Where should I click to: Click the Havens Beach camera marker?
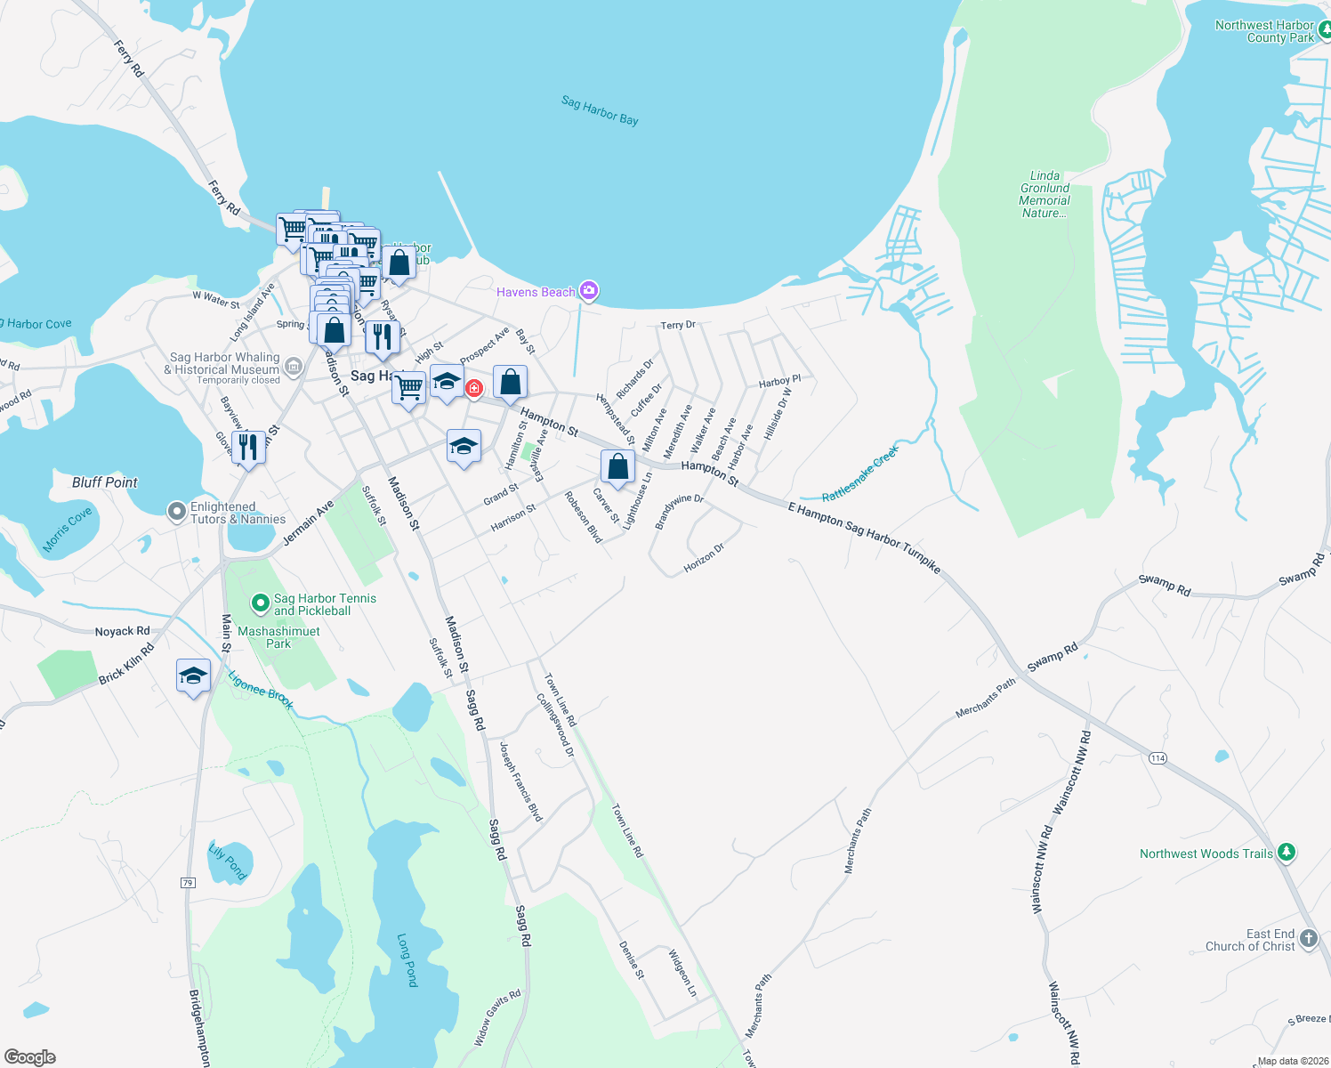(x=588, y=291)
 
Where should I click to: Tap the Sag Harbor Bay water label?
(x=600, y=111)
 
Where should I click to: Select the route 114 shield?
(x=1157, y=758)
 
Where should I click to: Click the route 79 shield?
(x=188, y=883)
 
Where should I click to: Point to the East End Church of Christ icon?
(x=1308, y=938)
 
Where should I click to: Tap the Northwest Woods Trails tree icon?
(x=1286, y=852)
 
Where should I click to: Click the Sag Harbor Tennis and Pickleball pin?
(x=261, y=603)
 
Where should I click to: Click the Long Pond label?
(x=407, y=959)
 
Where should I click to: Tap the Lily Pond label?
(x=227, y=862)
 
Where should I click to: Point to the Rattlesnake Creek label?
(x=860, y=473)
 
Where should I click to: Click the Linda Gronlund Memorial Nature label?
(x=1045, y=194)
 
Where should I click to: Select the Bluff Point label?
(x=105, y=482)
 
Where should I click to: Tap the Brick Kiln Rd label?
(x=126, y=663)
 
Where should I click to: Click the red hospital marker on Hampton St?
(x=474, y=388)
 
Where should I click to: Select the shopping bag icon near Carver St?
(x=617, y=466)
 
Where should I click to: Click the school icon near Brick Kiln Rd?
(x=193, y=676)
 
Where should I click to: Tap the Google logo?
(x=30, y=1056)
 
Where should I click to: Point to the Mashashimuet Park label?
(x=278, y=637)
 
